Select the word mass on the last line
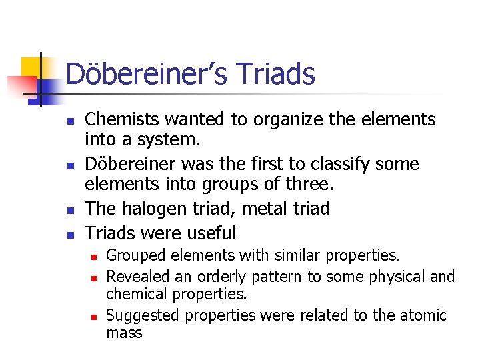pyautogui.click(x=124, y=333)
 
